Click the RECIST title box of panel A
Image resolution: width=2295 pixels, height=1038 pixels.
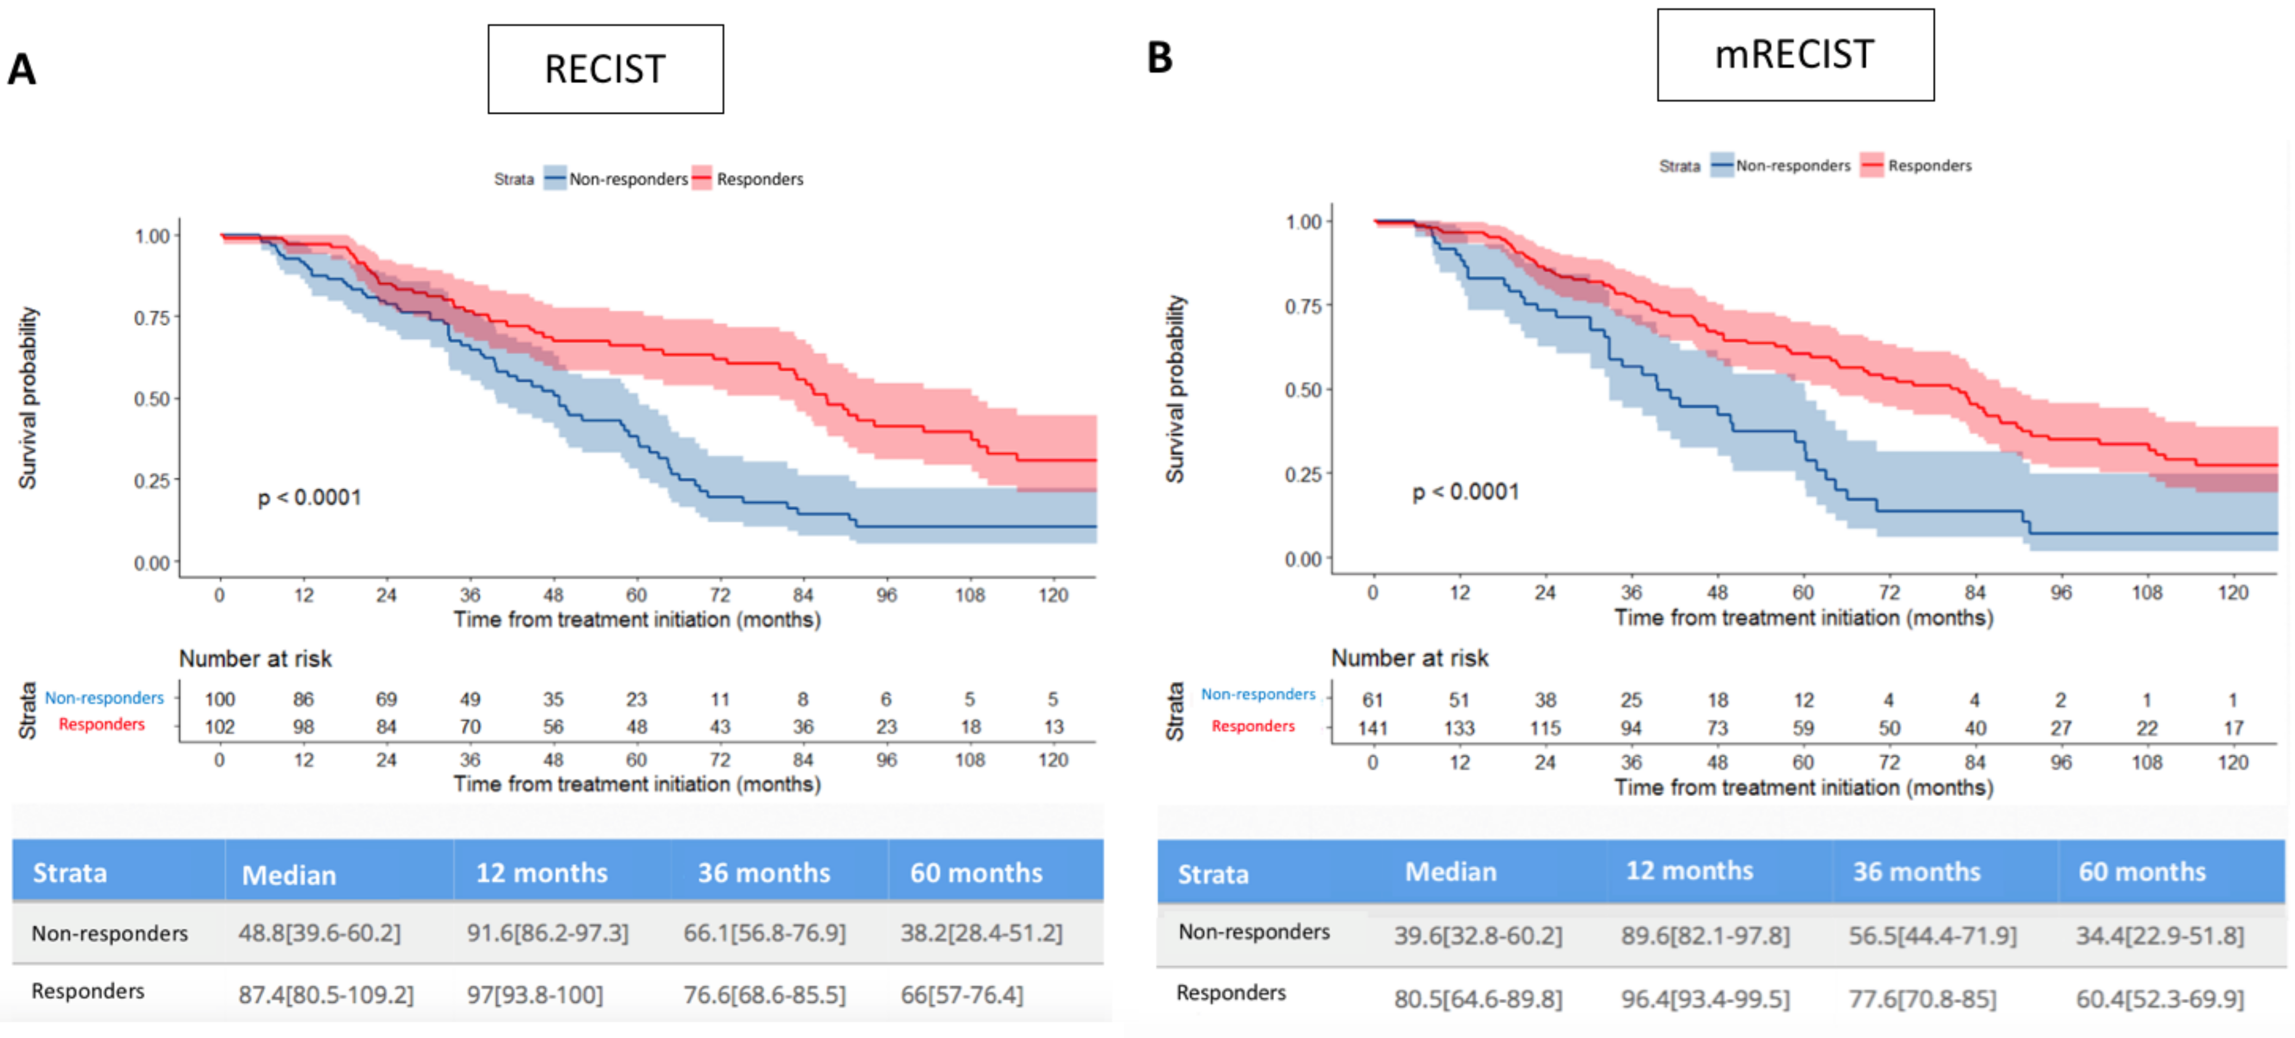(x=605, y=68)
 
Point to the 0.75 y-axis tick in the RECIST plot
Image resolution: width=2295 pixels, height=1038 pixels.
(x=152, y=318)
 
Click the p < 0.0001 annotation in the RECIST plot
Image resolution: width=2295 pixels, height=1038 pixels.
(x=309, y=497)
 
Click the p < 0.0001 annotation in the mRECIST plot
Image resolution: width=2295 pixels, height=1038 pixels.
(x=1464, y=492)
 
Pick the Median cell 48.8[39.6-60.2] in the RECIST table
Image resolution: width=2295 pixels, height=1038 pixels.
(x=319, y=933)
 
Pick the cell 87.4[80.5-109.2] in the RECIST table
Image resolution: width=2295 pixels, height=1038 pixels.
(x=325, y=995)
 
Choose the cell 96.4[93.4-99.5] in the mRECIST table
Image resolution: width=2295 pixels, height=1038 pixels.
(x=1704, y=999)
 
